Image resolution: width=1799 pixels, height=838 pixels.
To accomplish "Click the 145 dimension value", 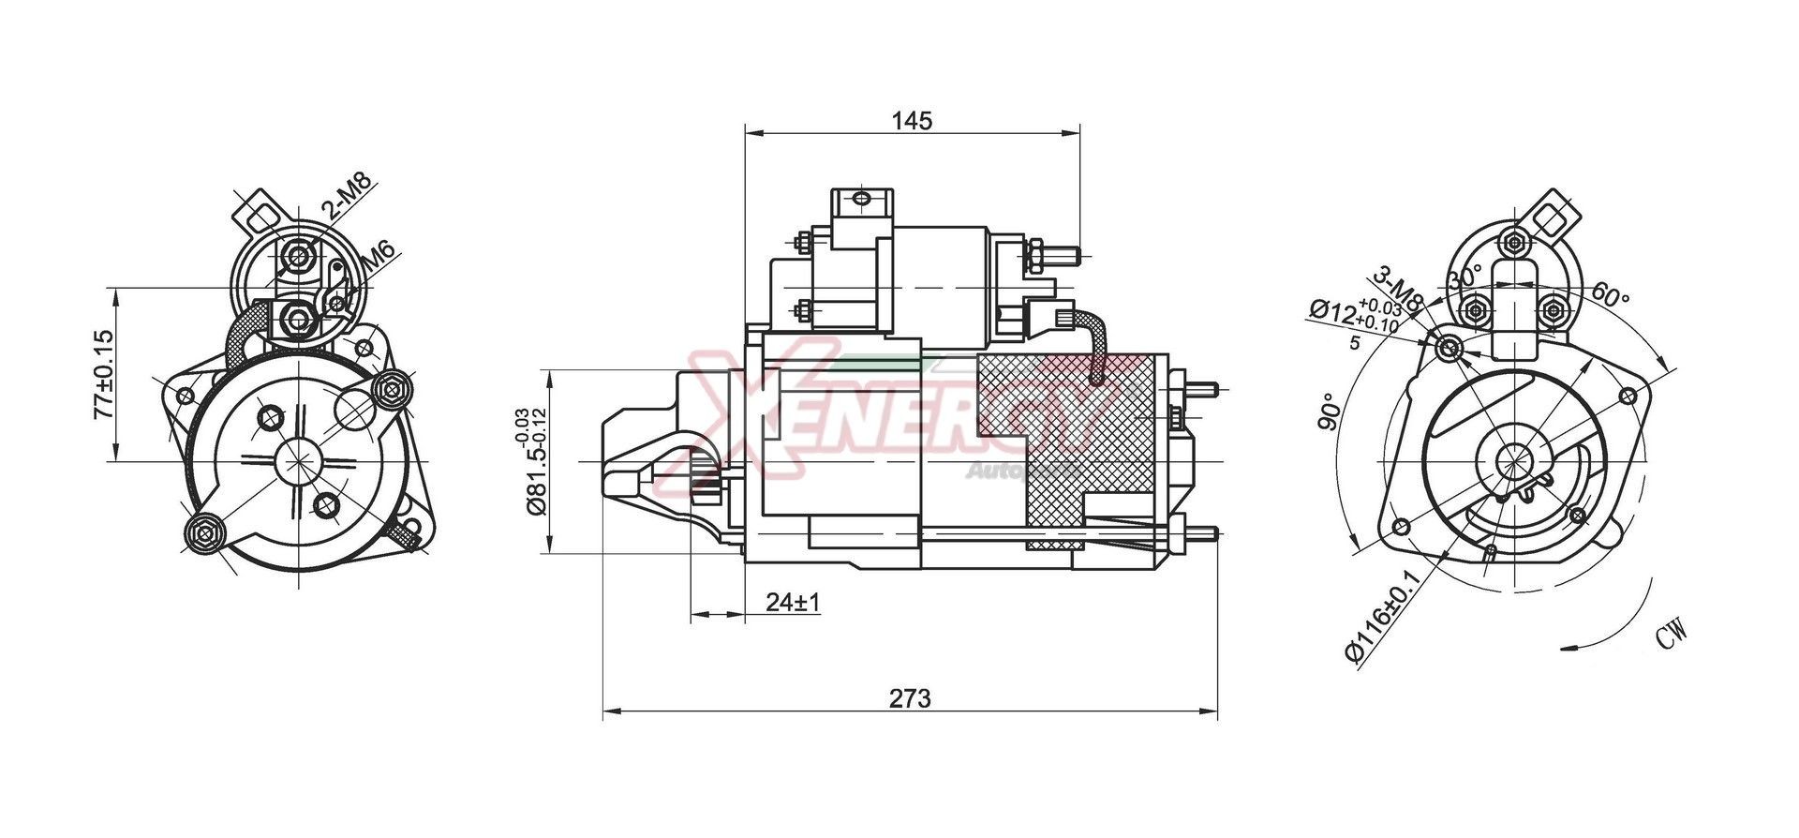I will [x=912, y=121].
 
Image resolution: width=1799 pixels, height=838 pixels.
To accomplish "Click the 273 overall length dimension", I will [x=910, y=698].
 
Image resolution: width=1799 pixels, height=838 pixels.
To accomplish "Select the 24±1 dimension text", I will [x=792, y=602].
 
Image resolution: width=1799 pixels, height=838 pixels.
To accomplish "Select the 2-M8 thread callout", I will [x=347, y=196].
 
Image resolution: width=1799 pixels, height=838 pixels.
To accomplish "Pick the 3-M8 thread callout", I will [x=1398, y=289].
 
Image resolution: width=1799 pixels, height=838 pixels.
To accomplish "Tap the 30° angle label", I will [x=1464, y=278].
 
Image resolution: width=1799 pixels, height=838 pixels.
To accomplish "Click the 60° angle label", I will [x=1610, y=296].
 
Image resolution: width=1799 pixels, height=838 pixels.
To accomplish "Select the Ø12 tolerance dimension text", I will [x=1354, y=315].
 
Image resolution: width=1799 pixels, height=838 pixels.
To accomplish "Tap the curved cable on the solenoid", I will [x=1094, y=344].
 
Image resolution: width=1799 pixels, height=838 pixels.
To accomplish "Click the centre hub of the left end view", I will [x=299, y=461].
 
